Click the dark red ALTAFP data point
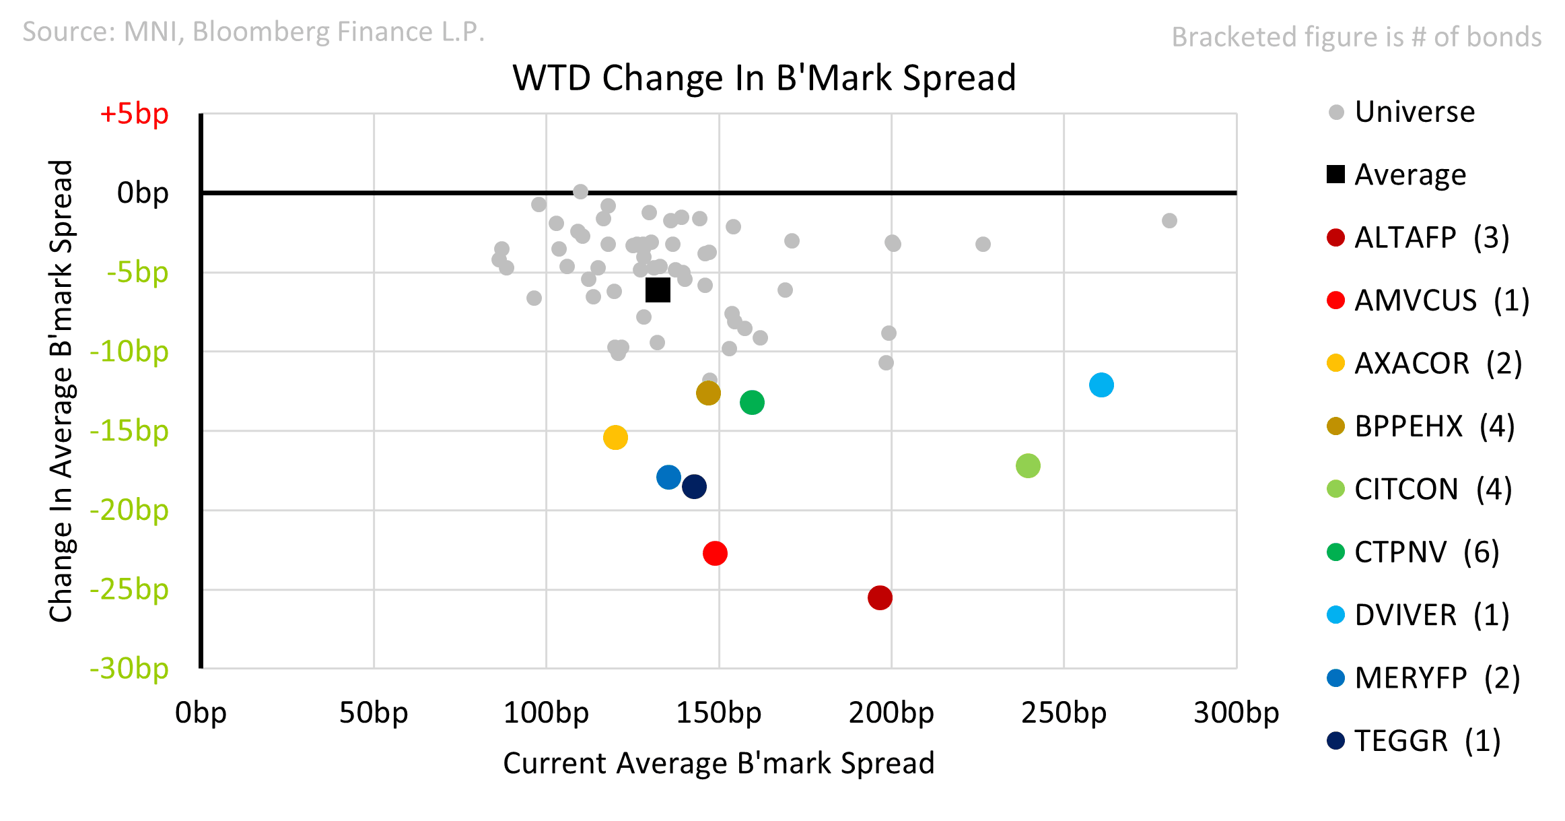click(880, 597)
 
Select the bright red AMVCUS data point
click(715, 553)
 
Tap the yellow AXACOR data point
click(615, 438)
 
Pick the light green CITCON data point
click(1028, 465)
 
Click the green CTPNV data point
click(752, 403)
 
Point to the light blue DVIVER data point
click(1101, 385)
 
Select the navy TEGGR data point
click(694, 486)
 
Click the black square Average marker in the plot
click(658, 290)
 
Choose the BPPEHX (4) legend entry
click(1434, 426)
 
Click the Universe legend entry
click(1414, 112)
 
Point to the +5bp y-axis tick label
click(134, 114)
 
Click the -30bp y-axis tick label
click(129, 669)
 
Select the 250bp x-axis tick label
click(1064, 713)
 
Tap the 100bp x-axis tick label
click(546, 713)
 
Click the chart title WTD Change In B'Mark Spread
click(764, 78)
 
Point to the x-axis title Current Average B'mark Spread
click(718, 764)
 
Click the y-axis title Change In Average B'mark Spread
click(61, 391)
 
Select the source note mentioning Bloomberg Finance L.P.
click(253, 32)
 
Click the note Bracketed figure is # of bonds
click(1356, 37)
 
